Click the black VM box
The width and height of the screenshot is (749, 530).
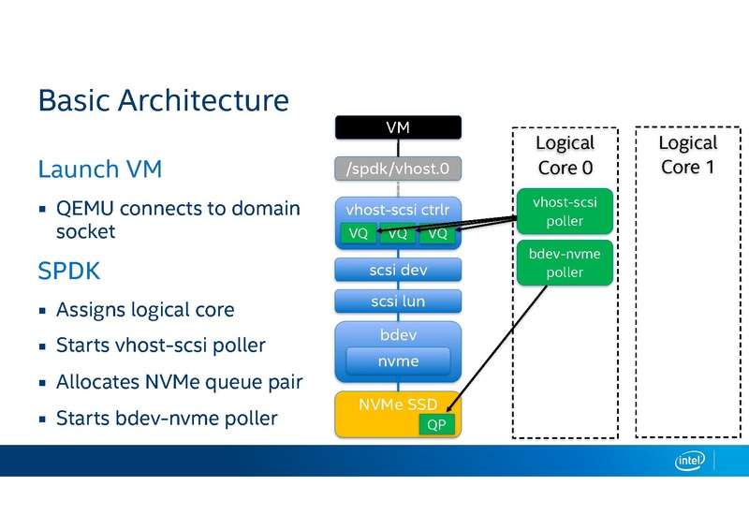click(398, 126)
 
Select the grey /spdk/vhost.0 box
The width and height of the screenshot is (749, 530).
click(398, 169)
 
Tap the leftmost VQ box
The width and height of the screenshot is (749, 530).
click(358, 233)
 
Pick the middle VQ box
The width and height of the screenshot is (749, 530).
click(398, 233)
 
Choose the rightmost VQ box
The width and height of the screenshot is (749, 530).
click(436, 233)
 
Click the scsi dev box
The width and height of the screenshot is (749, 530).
click(398, 270)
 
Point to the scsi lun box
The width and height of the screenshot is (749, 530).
click(398, 302)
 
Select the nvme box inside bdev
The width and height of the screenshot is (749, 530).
click(398, 361)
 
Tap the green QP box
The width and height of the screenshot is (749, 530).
click(436, 422)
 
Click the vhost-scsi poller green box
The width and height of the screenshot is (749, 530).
click(565, 212)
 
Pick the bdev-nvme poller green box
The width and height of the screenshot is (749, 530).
click(565, 262)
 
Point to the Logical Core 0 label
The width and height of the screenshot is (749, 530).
click(565, 155)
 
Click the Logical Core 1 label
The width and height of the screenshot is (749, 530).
click(687, 155)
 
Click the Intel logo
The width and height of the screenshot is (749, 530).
click(692, 460)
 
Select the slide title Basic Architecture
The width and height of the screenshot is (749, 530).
click(163, 100)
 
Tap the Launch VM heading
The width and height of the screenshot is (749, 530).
click(100, 169)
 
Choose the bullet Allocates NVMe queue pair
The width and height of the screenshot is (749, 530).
click(179, 382)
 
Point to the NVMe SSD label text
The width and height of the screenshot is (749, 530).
click(398, 405)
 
